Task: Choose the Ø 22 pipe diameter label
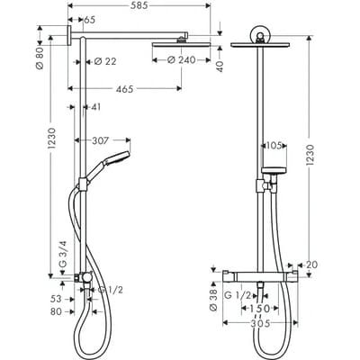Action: click(x=106, y=61)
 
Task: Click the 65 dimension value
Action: click(x=90, y=20)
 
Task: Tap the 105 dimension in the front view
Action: click(x=274, y=144)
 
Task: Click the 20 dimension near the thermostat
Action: click(x=311, y=265)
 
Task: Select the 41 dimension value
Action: click(x=96, y=108)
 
